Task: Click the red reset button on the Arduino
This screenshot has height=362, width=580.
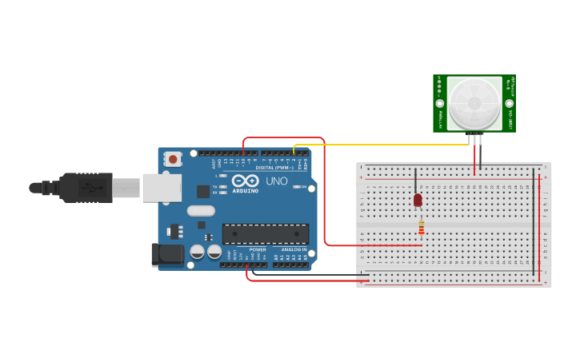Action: pyautogui.click(x=173, y=159)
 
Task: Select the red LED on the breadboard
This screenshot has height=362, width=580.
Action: pyautogui.click(x=418, y=200)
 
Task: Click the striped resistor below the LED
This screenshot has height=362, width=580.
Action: pyautogui.click(x=422, y=229)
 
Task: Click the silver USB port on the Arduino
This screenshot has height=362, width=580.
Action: pyautogui.click(x=161, y=188)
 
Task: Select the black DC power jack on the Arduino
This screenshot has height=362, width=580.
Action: pyautogui.click(x=166, y=254)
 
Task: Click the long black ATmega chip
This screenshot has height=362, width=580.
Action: pyautogui.click(x=265, y=233)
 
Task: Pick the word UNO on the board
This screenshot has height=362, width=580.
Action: pyautogui.click(x=276, y=181)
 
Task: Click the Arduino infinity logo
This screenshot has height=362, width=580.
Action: pyautogui.click(x=246, y=181)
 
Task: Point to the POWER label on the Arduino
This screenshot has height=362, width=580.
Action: pyautogui.click(x=258, y=249)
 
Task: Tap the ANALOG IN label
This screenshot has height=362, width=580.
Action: pyautogui.click(x=293, y=249)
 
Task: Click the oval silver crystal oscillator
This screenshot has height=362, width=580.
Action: pyautogui.click(x=201, y=211)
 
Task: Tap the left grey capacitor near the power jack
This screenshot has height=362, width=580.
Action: pyautogui.click(x=197, y=252)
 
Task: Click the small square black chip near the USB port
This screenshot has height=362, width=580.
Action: pyautogui.click(x=203, y=191)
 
